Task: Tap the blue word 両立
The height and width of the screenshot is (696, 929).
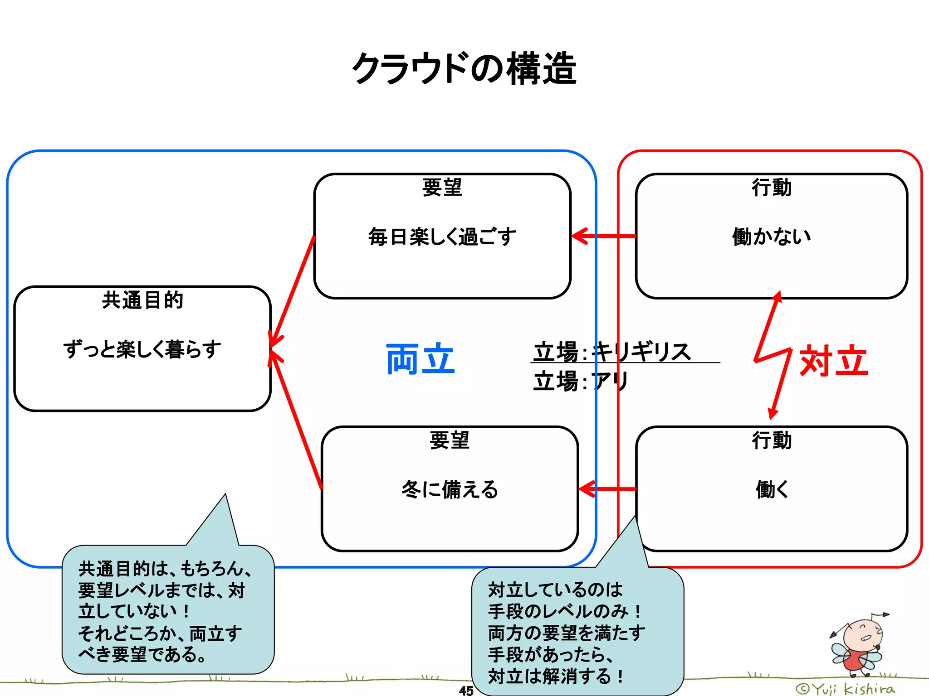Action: coord(420,359)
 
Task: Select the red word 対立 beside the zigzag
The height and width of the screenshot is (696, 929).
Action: coord(834,361)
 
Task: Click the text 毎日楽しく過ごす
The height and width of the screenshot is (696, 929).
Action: coord(442,237)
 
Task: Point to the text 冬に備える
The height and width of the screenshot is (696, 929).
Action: coord(450,489)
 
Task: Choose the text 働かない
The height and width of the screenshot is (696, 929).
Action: coord(772,237)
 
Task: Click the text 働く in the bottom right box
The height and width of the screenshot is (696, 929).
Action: coord(772,489)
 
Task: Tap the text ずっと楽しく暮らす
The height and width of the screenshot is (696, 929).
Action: coord(142,349)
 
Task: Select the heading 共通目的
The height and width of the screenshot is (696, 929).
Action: coord(142,300)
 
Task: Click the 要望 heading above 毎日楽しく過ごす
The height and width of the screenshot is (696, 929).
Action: coord(442,188)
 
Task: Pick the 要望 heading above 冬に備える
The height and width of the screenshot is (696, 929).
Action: coord(450,440)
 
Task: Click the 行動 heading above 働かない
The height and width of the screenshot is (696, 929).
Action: coord(772,188)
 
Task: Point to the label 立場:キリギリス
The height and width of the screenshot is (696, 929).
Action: coord(612,352)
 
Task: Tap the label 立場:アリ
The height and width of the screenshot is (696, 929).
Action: coord(581,381)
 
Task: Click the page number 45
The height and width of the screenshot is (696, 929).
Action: coord(466,690)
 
